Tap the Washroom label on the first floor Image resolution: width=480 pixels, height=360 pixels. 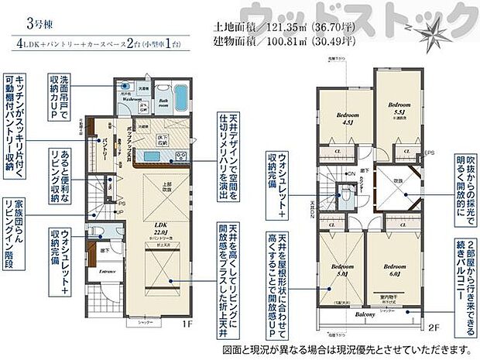coord(130,99)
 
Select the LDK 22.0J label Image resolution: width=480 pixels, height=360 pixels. coord(161,228)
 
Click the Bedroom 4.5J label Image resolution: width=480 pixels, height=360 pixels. coord(345,117)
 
